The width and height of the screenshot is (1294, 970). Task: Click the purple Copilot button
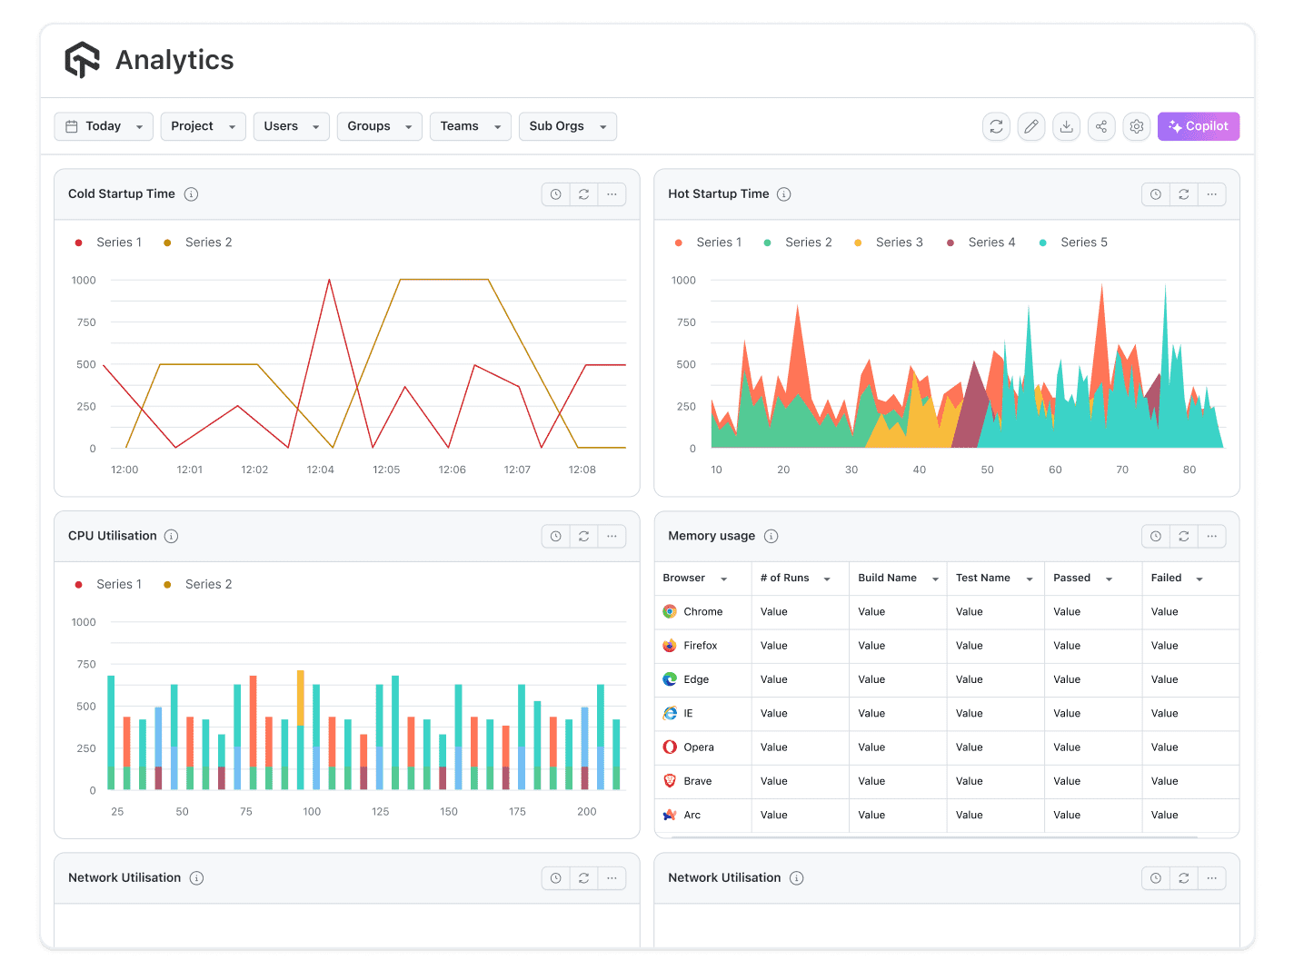[1198, 126]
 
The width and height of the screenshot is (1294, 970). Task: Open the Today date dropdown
[104, 126]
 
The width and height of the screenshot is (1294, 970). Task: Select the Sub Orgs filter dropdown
[567, 126]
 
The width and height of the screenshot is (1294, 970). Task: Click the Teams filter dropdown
[470, 126]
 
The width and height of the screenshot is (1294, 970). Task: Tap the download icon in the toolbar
[1066, 126]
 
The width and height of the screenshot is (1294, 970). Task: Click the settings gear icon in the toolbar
[1136, 126]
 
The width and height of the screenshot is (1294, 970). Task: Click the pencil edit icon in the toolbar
[1030, 126]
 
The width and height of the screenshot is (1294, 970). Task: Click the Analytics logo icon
[82, 60]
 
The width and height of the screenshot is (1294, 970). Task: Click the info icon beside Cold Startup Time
[191, 194]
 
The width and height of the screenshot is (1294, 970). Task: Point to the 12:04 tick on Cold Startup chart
[320, 470]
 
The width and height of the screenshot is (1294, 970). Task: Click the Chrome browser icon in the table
[670, 612]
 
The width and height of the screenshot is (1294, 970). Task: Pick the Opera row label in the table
[698, 747]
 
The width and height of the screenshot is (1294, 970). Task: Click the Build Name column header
[887, 579]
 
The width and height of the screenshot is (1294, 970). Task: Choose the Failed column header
[1166, 579]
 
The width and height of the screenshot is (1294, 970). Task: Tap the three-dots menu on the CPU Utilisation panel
[612, 537]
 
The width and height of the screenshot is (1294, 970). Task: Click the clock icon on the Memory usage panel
[1155, 537]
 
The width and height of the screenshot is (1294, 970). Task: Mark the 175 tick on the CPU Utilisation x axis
[517, 812]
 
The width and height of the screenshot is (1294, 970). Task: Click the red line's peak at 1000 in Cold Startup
[329, 280]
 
